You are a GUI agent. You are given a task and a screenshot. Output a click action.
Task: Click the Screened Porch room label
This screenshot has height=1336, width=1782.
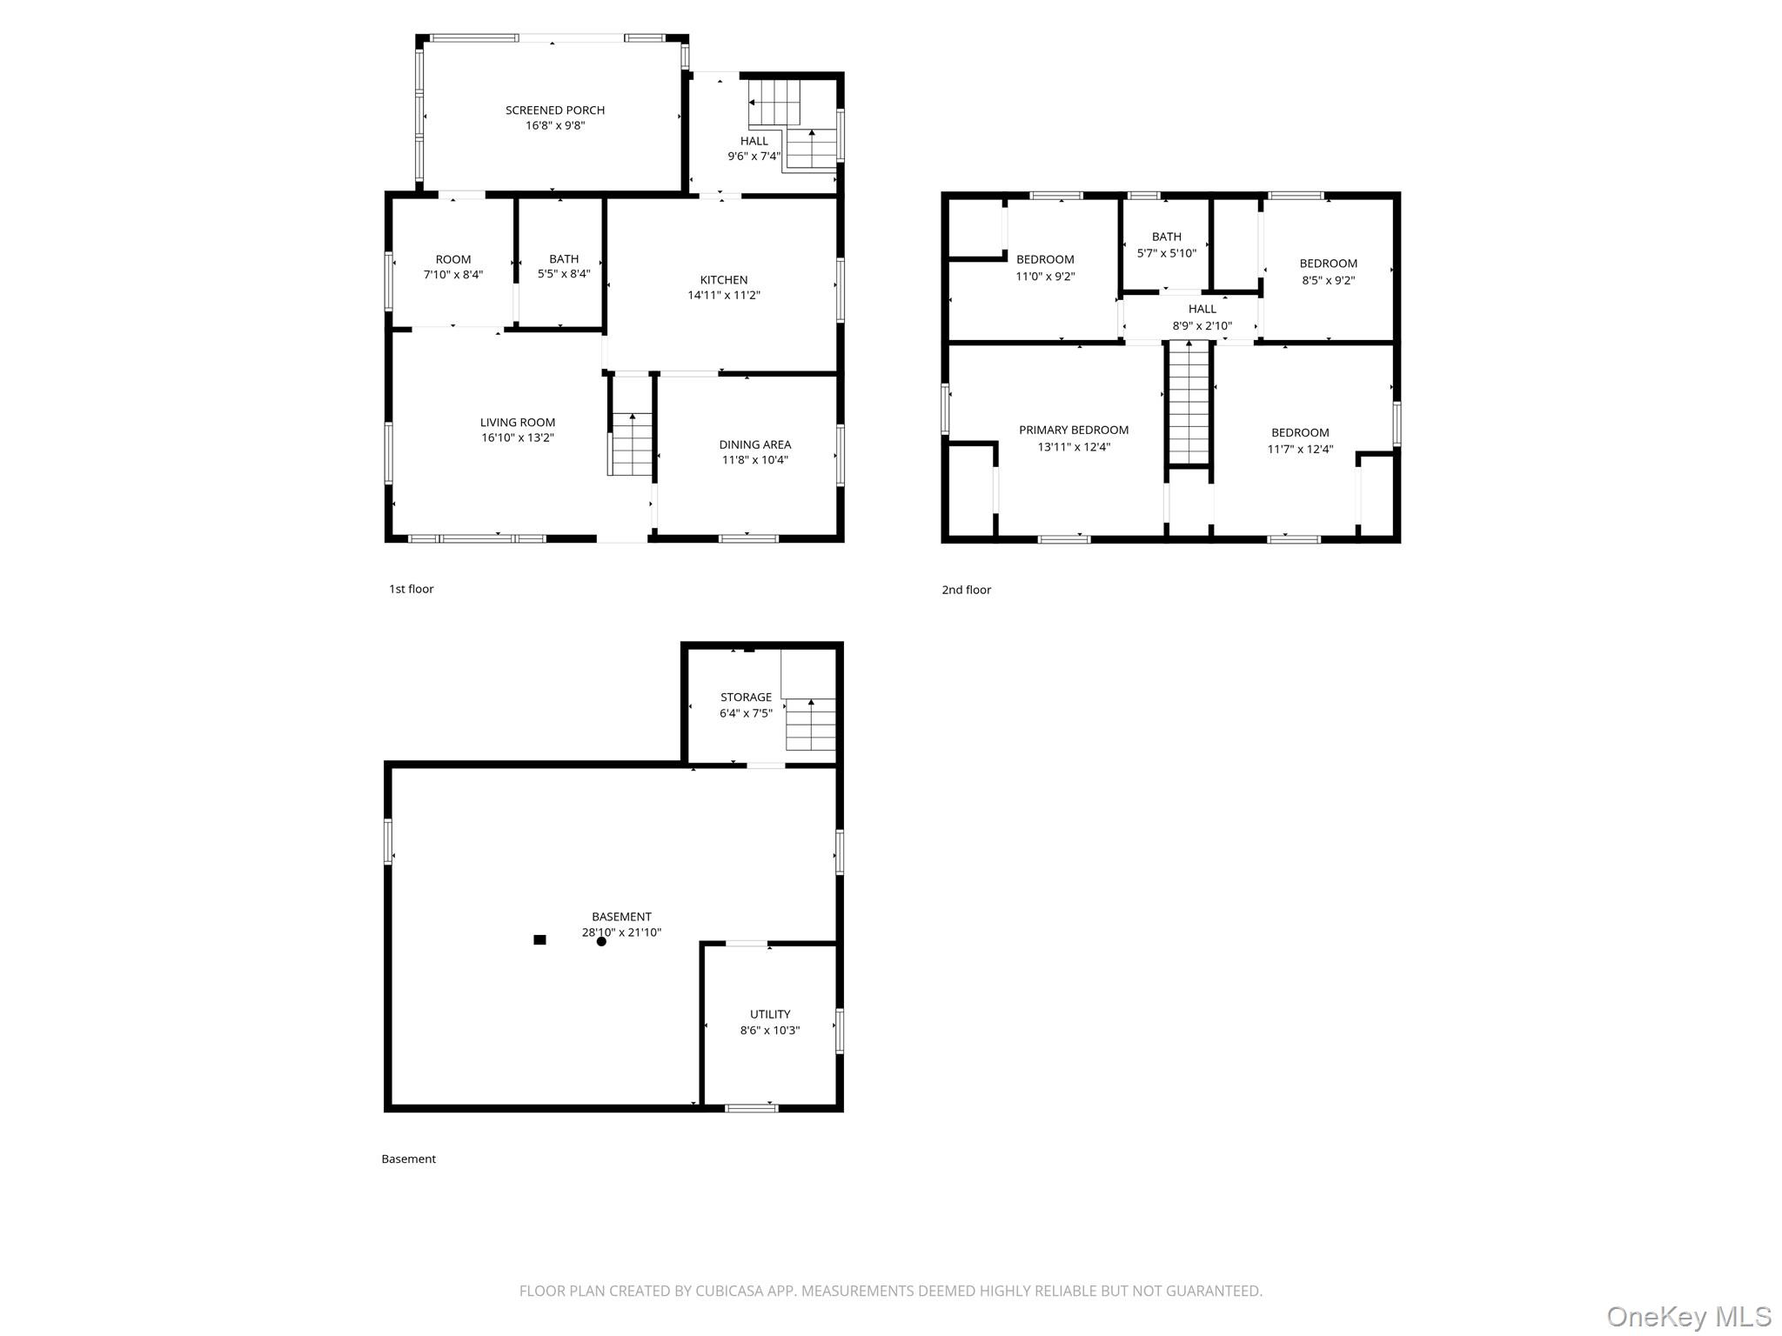pyautogui.click(x=555, y=110)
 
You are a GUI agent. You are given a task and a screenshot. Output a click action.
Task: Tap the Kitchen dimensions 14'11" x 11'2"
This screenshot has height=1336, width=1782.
pyautogui.click(x=724, y=296)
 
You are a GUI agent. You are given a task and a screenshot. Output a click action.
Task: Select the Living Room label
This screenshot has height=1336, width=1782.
pyautogui.click(x=518, y=423)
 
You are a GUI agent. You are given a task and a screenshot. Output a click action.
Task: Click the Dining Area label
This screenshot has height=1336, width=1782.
pyautogui.click(x=754, y=444)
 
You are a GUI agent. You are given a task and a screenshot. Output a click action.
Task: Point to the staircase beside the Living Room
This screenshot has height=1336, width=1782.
pyautogui.click(x=632, y=444)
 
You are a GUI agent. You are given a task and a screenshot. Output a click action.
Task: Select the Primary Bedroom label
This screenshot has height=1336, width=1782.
pyautogui.click(x=1074, y=430)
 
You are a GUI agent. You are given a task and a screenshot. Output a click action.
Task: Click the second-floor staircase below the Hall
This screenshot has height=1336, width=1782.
pyautogui.click(x=1189, y=404)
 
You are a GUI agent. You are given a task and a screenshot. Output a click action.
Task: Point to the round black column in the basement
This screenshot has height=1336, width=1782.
pyautogui.click(x=601, y=941)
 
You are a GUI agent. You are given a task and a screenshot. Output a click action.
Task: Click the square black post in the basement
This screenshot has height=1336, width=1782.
pyautogui.click(x=539, y=939)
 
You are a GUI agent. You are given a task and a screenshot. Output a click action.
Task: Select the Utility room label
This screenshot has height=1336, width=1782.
pyautogui.click(x=770, y=1014)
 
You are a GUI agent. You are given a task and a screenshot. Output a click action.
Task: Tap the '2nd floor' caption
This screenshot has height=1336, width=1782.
pyautogui.click(x=966, y=590)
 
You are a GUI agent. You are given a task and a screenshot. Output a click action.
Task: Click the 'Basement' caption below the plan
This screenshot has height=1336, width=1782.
pyautogui.click(x=408, y=1159)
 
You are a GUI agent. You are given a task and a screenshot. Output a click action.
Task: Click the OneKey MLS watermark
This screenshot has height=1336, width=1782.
pyautogui.click(x=1688, y=1316)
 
